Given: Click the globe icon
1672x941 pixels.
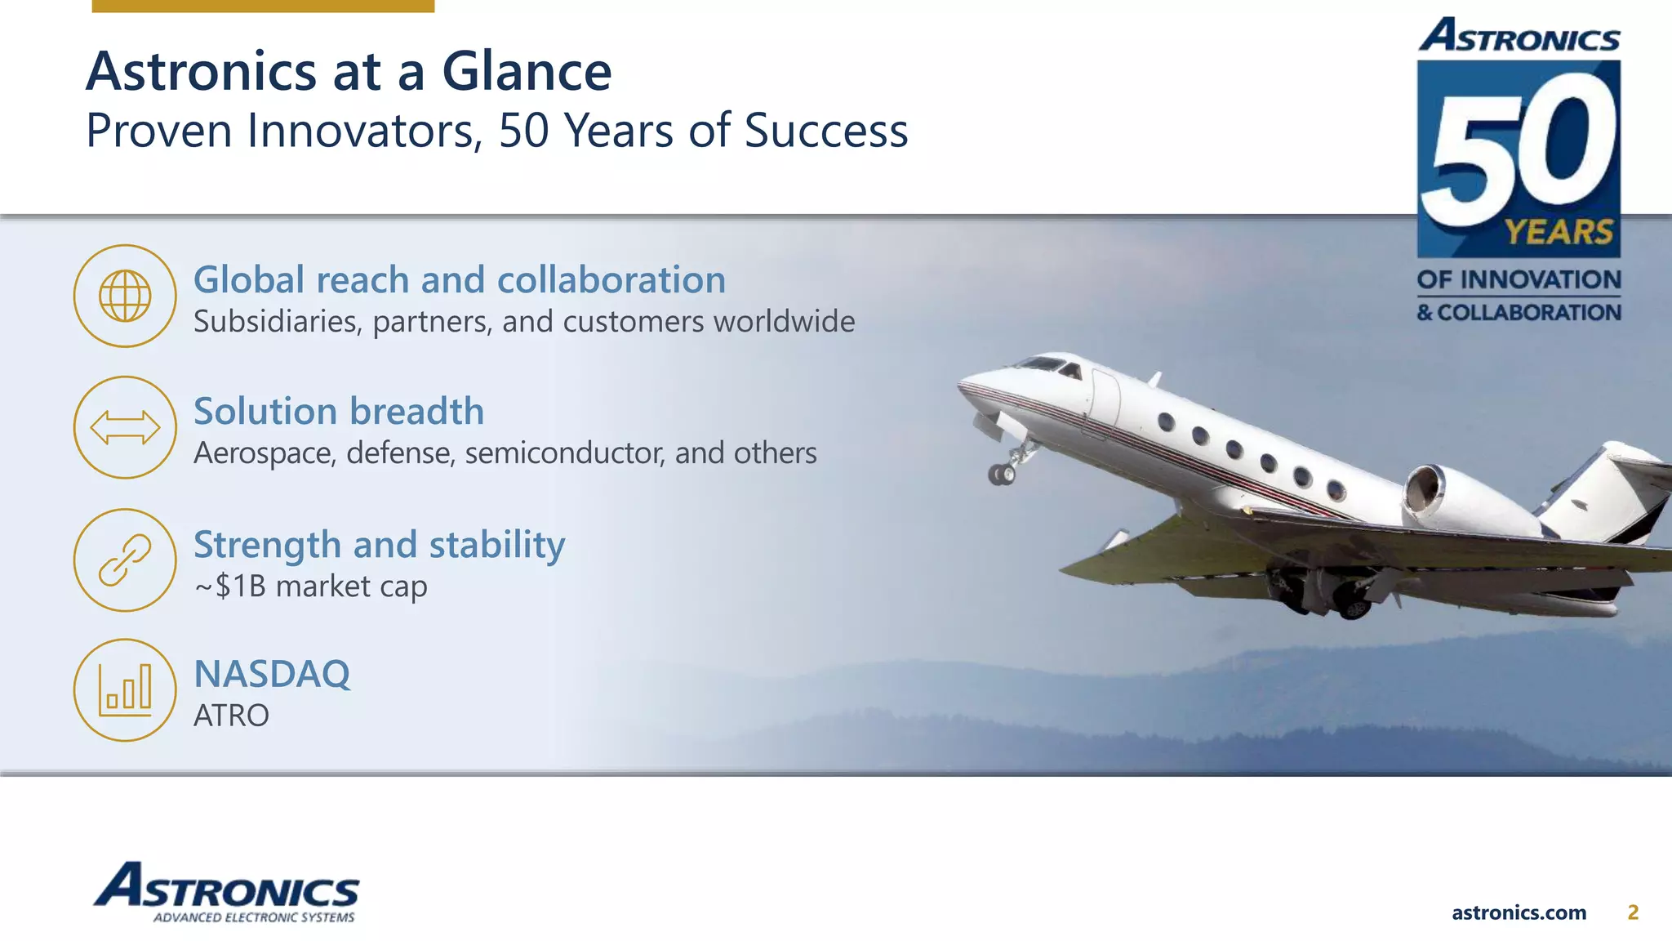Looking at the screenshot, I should point(125,296).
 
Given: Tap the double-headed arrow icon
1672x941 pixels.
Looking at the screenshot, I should point(125,427).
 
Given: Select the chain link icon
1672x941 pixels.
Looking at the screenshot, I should point(125,560).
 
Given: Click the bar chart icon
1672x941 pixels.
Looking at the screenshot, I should point(125,689).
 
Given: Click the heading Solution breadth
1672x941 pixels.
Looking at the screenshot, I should point(339,411).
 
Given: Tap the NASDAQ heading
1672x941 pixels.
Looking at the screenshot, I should point(272,674).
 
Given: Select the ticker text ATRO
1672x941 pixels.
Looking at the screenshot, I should point(231,716).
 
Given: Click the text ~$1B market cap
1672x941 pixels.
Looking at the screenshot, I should point(310,586).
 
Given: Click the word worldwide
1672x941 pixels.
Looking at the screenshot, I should point(784,321).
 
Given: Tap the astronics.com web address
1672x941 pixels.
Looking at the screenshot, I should point(1519,912).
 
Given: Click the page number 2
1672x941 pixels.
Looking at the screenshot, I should point(1633,912).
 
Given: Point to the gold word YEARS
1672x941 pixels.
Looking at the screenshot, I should point(1559,232).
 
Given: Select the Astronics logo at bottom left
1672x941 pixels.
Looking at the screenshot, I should point(226,892).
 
